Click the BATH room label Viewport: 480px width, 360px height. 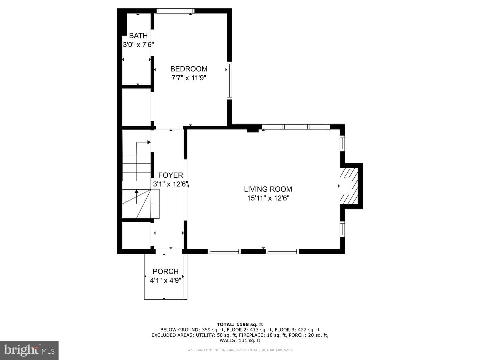(138, 35)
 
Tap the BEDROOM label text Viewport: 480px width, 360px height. (189, 69)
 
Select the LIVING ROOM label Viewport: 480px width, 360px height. (268, 189)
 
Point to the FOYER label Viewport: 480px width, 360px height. (171, 175)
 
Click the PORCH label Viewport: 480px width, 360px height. (166, 271)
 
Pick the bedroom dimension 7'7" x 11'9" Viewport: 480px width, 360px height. (189, 78)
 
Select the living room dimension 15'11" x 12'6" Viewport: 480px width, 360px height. (268, 198)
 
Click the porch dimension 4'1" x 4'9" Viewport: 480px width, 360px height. (166, 280)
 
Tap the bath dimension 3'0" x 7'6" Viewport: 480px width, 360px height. (138, 45)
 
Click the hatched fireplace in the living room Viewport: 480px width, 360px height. (349, 186)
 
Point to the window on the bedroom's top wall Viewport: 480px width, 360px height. (175, 11)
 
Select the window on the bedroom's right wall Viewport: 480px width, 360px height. (229, 80)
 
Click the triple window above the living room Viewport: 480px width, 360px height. (296, 127)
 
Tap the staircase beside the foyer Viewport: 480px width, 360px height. (136, 186)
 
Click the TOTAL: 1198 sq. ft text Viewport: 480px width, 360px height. (240, 324)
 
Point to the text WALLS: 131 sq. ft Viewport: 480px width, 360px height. (240, 340)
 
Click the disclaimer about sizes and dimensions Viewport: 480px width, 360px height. (240, 350)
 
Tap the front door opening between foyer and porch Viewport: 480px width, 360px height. (169, 251)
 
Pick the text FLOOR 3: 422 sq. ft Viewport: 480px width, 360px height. (297, 330)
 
